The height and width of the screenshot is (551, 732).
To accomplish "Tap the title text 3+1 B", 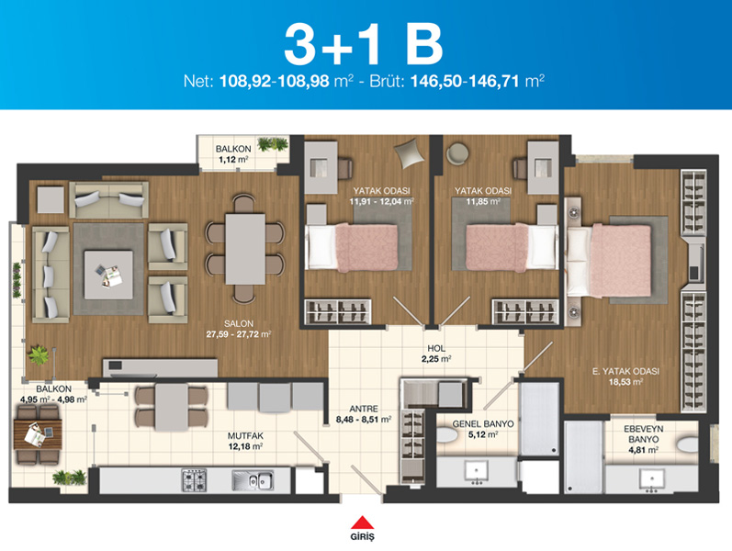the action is pyautogui.click(x=363, y=45).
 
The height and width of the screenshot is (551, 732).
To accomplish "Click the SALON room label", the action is pyautogui.click(x=239, y=323).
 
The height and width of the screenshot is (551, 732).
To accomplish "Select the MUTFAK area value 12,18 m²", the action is pyautogui.click(x=245, y=446).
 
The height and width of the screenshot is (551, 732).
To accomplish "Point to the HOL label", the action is pyautogui.click(x=436, y=348).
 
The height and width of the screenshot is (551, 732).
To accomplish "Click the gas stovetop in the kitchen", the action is pyautogui.click(x=194, y=480).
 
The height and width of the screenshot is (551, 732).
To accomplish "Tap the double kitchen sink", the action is pyautogui.click(x=253, y=480).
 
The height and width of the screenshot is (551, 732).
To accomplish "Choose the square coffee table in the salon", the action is pyautogui.click(x=108, y=275).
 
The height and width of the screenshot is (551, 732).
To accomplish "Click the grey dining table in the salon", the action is pyautogui.click(x=245, y=249).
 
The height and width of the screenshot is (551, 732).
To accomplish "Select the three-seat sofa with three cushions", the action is pyautogui.click(x=51, y=275).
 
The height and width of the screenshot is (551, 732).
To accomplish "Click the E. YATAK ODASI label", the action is pyautogui.click(x=625, y=371).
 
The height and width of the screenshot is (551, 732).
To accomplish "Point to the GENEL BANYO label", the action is pyautogui.click(x=483, y=424).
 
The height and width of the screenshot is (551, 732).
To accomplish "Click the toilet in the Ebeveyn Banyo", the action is pyautogui.click(x=688, y=444).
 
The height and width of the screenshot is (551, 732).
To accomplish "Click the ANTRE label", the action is pyautogui.click(x=364, y=409).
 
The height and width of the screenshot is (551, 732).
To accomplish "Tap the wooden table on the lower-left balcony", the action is pyautogui.click(x=38, y=434).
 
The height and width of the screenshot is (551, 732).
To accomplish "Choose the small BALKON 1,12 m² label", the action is pyautogui.click(x=233, y=154).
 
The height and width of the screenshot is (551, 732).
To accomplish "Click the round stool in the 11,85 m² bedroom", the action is pyautogui.click(x=458, y=153).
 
